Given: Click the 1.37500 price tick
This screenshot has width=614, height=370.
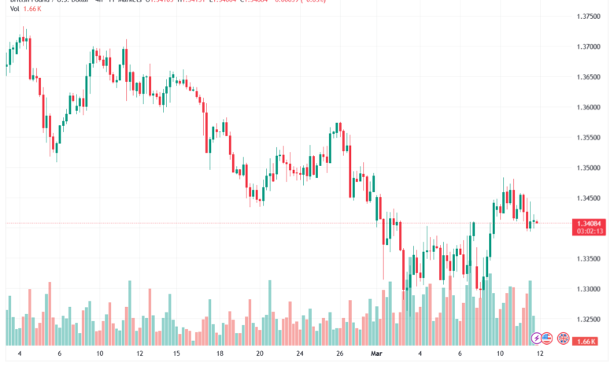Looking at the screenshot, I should coord(590,17).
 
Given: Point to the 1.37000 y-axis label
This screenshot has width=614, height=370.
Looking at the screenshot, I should coord(590,46).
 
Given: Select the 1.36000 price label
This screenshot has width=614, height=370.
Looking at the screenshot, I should coord(590,107).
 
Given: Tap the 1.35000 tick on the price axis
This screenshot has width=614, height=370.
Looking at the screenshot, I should coord(590,168).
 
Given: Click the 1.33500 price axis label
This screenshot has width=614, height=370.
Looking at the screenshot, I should coord(590,259).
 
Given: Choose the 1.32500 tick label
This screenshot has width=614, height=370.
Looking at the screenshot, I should coord(590,320).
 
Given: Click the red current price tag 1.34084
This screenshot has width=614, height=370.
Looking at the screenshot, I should coord(590,223).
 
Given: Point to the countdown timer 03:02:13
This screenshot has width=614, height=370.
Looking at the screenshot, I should coord(590,231).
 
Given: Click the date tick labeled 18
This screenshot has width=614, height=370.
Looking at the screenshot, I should coord(220,354).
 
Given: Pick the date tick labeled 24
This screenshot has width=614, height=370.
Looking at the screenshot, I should coord(300,354).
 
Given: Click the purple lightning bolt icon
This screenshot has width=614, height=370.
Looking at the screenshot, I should coord(537,339).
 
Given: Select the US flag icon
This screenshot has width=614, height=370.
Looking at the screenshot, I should coord(550,339).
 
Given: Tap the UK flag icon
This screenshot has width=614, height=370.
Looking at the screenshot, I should coord(564,339).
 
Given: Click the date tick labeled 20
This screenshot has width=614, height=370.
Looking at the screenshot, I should coord(260,354).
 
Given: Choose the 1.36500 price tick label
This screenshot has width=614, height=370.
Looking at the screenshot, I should coord(590,77).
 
